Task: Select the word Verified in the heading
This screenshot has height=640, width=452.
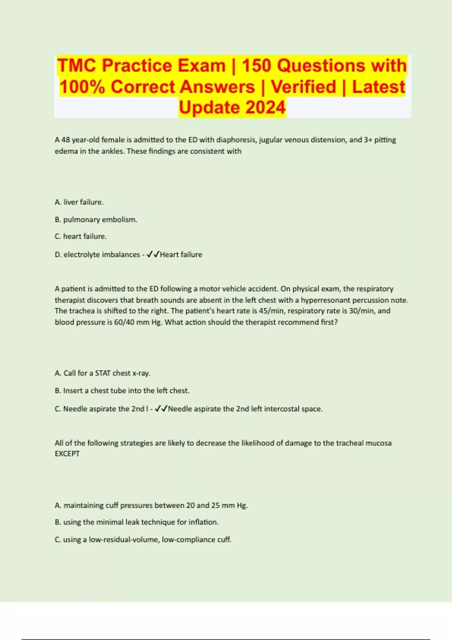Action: coord(303,87)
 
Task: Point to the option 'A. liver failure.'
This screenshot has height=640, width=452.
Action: coord(79,202)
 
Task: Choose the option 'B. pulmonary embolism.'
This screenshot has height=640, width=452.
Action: coord(96,219)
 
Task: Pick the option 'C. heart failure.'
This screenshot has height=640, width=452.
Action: coord(81,236)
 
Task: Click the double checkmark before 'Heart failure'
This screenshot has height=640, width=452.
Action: coord(153,254)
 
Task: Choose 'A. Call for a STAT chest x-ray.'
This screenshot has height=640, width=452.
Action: coord(102,373)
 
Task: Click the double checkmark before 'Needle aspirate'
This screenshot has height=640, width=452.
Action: coord(161,409)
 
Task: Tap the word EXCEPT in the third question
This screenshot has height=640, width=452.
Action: coord(67,454)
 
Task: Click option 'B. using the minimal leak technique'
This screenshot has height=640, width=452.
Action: coord(137,522)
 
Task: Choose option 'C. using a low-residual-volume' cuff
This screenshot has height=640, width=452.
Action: coord(143,539)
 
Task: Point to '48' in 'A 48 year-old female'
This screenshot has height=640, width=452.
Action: coord(66,140)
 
